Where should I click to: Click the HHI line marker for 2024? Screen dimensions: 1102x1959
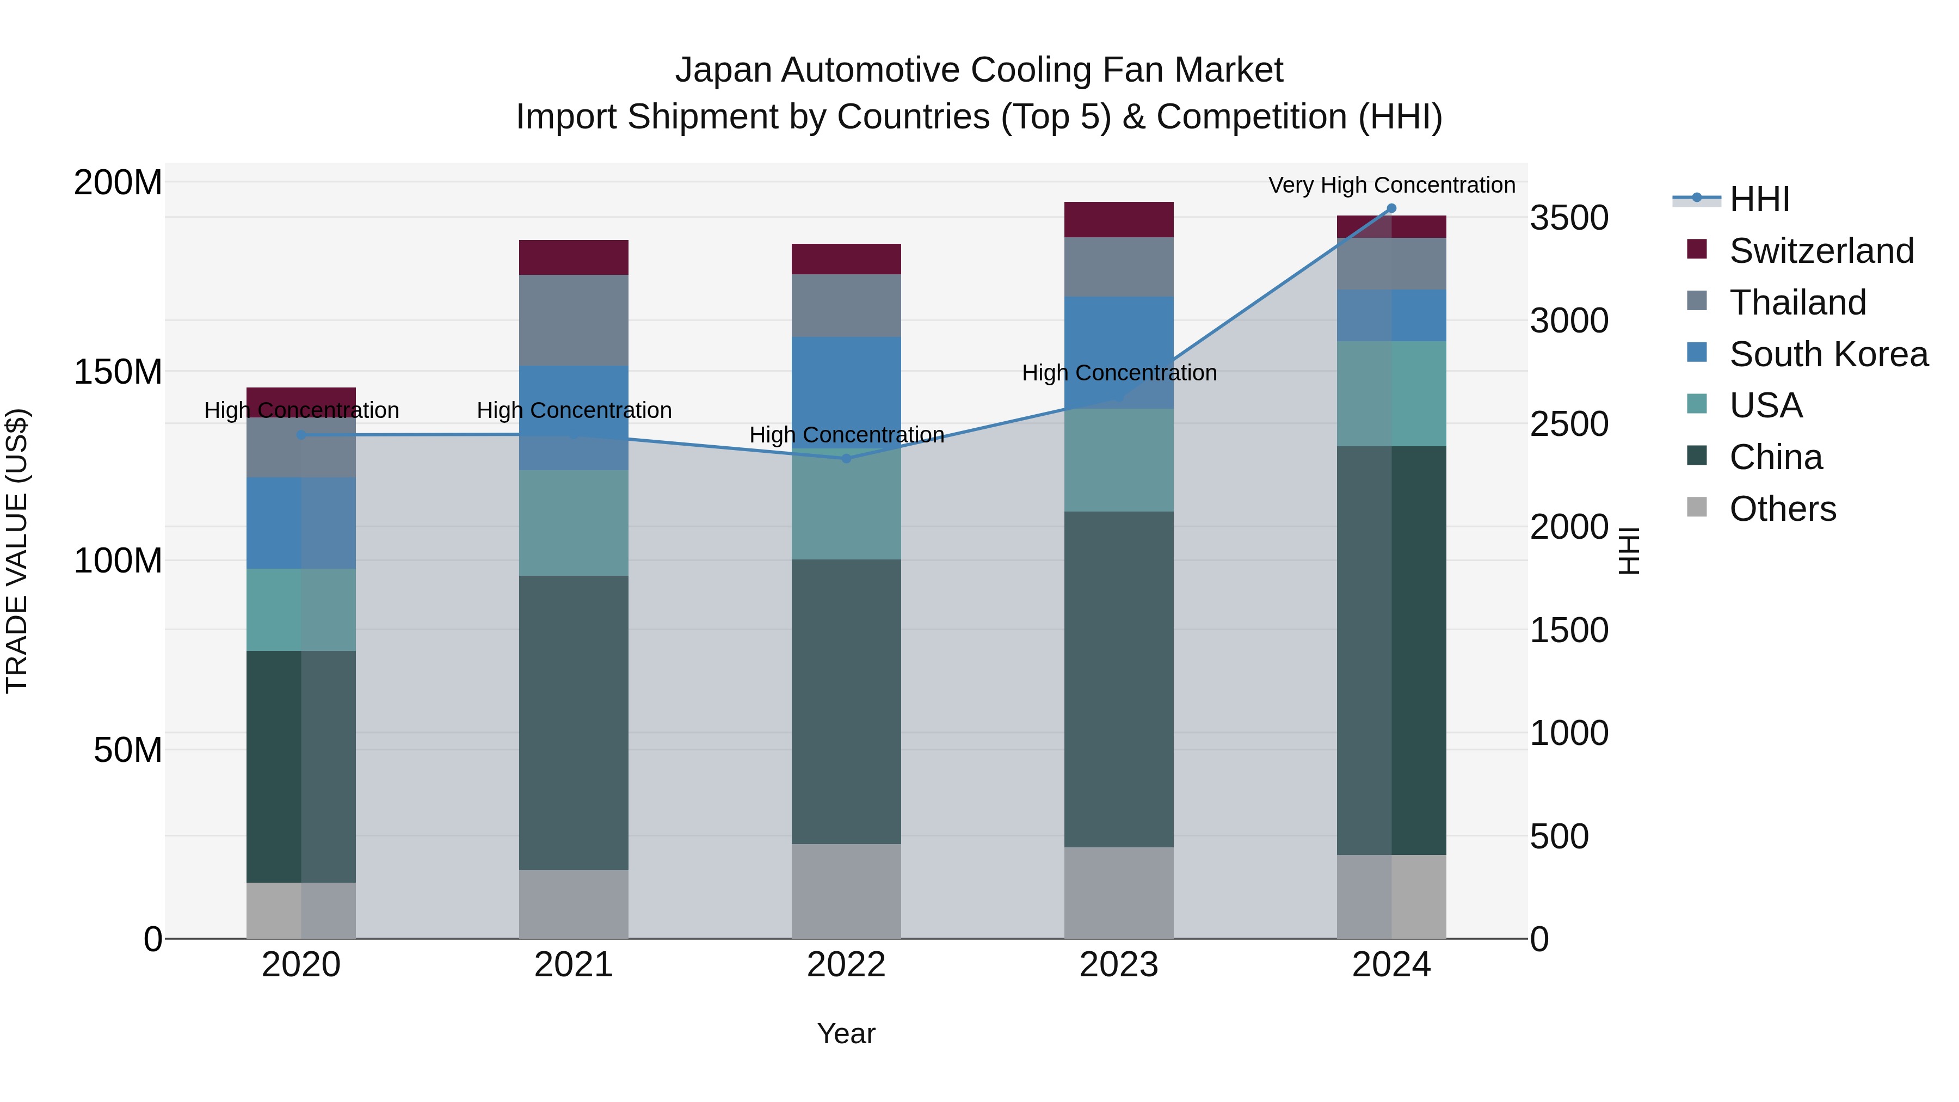coord(1391,208)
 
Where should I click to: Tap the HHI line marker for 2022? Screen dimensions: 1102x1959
coord(846,458)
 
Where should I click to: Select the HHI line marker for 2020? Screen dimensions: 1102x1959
coord(301,435)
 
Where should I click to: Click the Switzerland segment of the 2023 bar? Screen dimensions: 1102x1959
coord(1119,220)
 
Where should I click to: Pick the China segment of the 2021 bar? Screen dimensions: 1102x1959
coord(574,723)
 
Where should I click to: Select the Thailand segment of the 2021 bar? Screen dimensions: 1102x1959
coord(574,320)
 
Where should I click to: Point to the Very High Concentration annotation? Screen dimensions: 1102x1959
coord(1391,186)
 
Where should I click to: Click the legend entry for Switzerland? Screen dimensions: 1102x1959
coord(1821,251)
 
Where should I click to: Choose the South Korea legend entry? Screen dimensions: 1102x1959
coord(1828,354)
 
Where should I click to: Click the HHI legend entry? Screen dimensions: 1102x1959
coord(1758,199)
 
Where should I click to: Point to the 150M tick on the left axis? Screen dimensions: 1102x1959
coord(118,372)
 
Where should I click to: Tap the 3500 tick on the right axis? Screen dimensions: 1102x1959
coord(1569,218)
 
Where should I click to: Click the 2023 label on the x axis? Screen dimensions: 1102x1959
coord(1119,965)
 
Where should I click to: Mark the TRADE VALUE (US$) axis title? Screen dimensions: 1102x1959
coord(17,551)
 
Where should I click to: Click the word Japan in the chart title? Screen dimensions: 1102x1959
coord(723,70)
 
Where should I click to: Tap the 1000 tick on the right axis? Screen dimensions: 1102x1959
coord(1569,733)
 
